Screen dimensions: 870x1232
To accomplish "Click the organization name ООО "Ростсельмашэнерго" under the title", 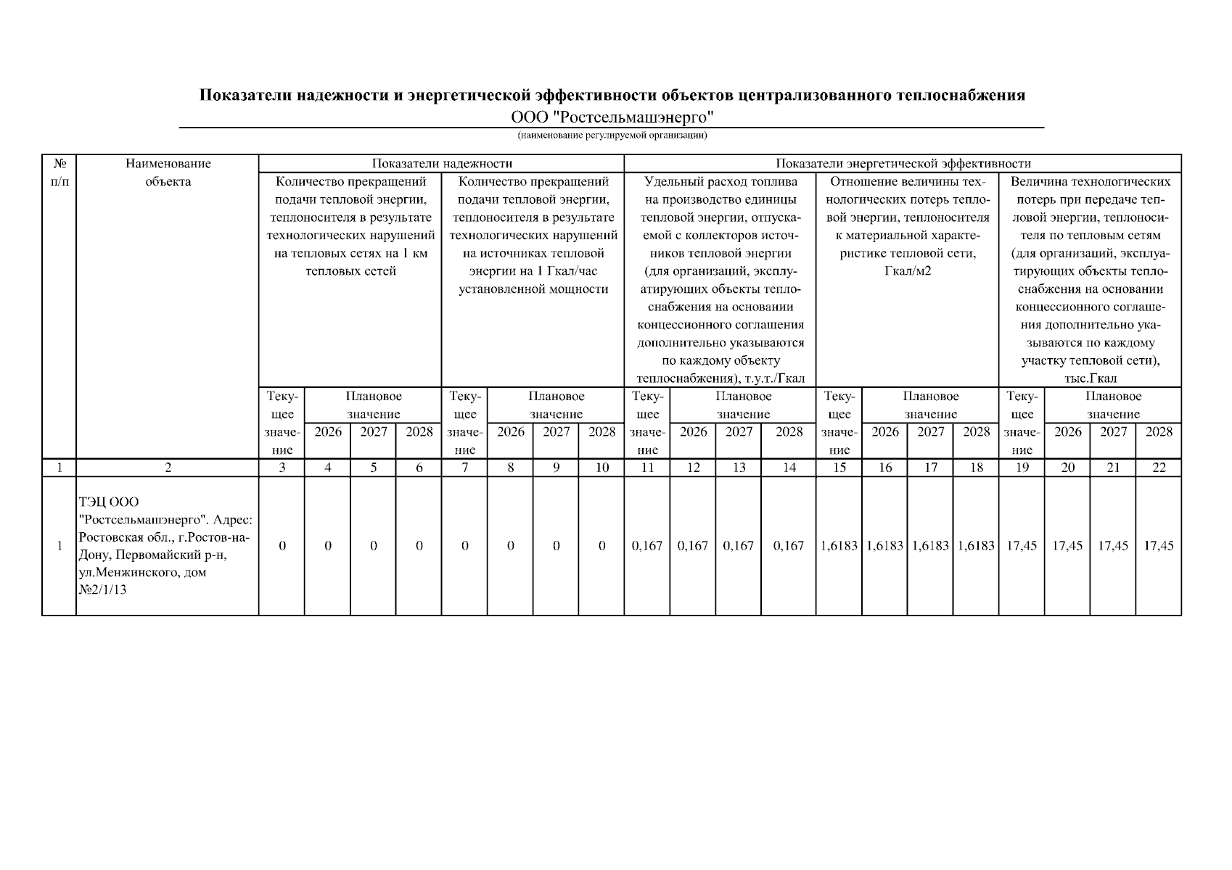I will click(612, 117).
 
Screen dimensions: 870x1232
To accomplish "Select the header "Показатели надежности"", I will click(442, 164).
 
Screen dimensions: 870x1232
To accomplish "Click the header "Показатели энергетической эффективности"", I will click(903, 164).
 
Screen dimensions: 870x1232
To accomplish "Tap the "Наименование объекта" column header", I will click(168, 173).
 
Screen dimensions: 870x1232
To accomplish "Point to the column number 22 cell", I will click(1159, 468).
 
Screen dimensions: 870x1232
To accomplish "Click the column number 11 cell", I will click(647, 468).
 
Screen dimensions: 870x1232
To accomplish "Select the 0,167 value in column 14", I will click(789, 546).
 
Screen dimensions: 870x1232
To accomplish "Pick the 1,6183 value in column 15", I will click(839, 546).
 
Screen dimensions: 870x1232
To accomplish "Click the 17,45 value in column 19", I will click(1022, 546).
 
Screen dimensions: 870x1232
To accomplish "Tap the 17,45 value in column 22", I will click(1159, 546).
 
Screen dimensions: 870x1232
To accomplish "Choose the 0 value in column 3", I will click(282, 546).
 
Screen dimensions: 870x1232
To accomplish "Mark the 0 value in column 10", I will click(602, 546).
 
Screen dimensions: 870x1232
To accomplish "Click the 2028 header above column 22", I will click(1159, 432).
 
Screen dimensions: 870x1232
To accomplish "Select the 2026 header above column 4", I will click(328, 432).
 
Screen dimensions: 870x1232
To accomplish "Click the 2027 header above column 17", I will click(930, 432).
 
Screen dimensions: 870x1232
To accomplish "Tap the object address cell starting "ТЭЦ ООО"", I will click(166, 545).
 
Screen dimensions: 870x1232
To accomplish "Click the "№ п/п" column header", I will click(59, 173).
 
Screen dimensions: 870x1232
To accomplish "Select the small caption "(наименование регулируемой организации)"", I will click(612, 136).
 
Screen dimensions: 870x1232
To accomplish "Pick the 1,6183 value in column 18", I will click(976, 546).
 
